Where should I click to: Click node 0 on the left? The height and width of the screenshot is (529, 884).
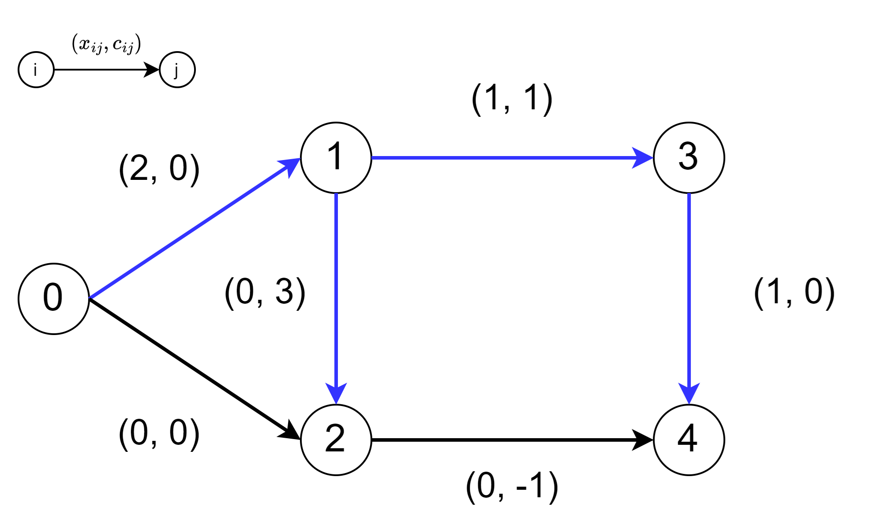54,299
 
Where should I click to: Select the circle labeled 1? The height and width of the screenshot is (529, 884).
336,158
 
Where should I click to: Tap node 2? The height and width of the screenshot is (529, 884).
336,440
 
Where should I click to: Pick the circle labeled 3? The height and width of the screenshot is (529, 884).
689,158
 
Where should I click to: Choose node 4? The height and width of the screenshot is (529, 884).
689,440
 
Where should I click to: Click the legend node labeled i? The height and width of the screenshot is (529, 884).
36,70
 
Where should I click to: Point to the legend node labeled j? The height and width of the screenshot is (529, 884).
177,70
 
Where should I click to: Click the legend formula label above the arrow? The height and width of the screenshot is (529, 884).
106,44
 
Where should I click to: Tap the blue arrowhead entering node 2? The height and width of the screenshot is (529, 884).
336,393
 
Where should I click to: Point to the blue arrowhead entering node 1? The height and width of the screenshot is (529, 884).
291,167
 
